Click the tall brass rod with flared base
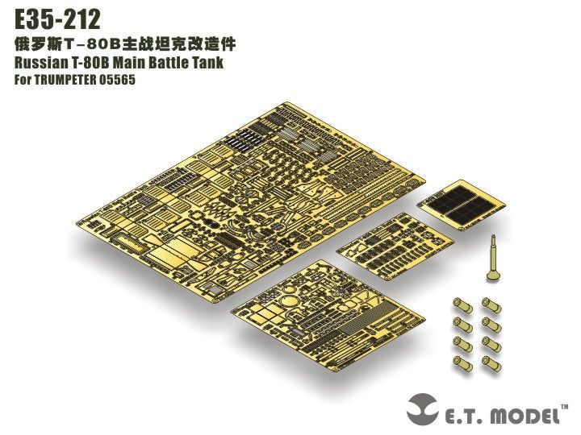point(492,258)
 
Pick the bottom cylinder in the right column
point(491,362)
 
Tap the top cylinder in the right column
point(489,304)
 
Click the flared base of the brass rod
point(492,277)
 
